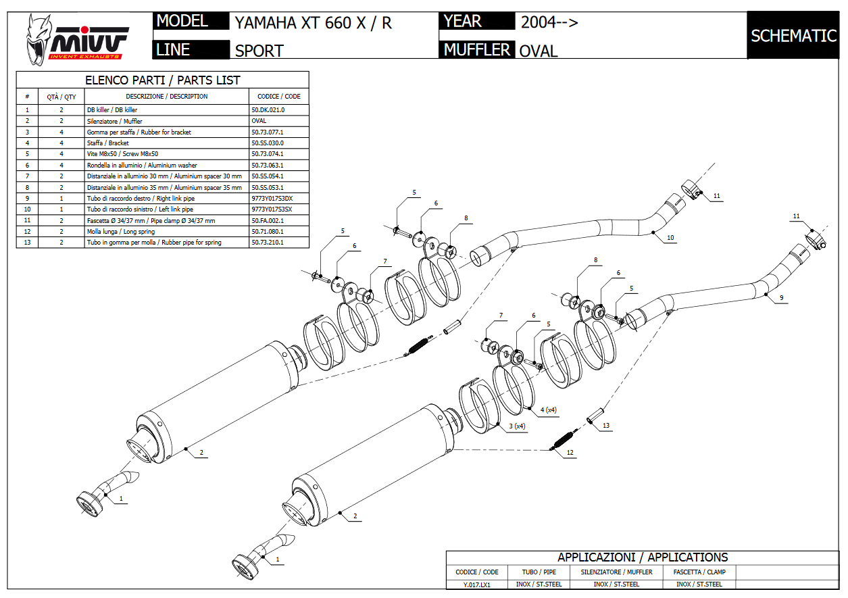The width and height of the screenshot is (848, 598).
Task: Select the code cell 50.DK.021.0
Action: (x=268, y=110)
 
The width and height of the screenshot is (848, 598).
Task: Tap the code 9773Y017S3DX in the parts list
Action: (x=272, y=199)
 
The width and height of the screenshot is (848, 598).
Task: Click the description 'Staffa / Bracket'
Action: (x=108, y=143)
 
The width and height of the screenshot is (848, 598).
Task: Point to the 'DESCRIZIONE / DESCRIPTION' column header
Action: (x=167, y=97)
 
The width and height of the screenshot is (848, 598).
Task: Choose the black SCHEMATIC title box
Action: (x=793, y=36)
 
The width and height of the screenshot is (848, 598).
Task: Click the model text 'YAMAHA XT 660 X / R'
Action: (x=313, y=23)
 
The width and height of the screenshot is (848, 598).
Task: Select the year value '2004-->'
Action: (x=549, y=22)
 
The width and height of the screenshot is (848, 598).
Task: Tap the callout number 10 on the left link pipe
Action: (x=670, y=238)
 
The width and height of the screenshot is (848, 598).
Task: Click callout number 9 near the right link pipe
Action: (x=781, y=298)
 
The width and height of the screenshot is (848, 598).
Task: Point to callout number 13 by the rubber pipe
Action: (x=606, y=426)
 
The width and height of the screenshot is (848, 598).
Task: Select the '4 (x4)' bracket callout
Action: (x=548, y=410)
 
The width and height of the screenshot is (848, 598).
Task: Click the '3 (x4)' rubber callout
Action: (x=516, y=426)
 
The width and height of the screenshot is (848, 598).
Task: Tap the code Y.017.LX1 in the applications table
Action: (x=477, y=584)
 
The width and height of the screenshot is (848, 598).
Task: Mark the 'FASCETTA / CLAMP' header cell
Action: (x=699, y=572)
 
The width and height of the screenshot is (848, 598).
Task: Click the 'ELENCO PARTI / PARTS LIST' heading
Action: (x=162, y=80)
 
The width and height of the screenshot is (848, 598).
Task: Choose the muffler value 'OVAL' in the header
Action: (x=539, y=51)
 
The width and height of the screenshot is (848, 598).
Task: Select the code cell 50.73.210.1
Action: (x=268, y=243)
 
